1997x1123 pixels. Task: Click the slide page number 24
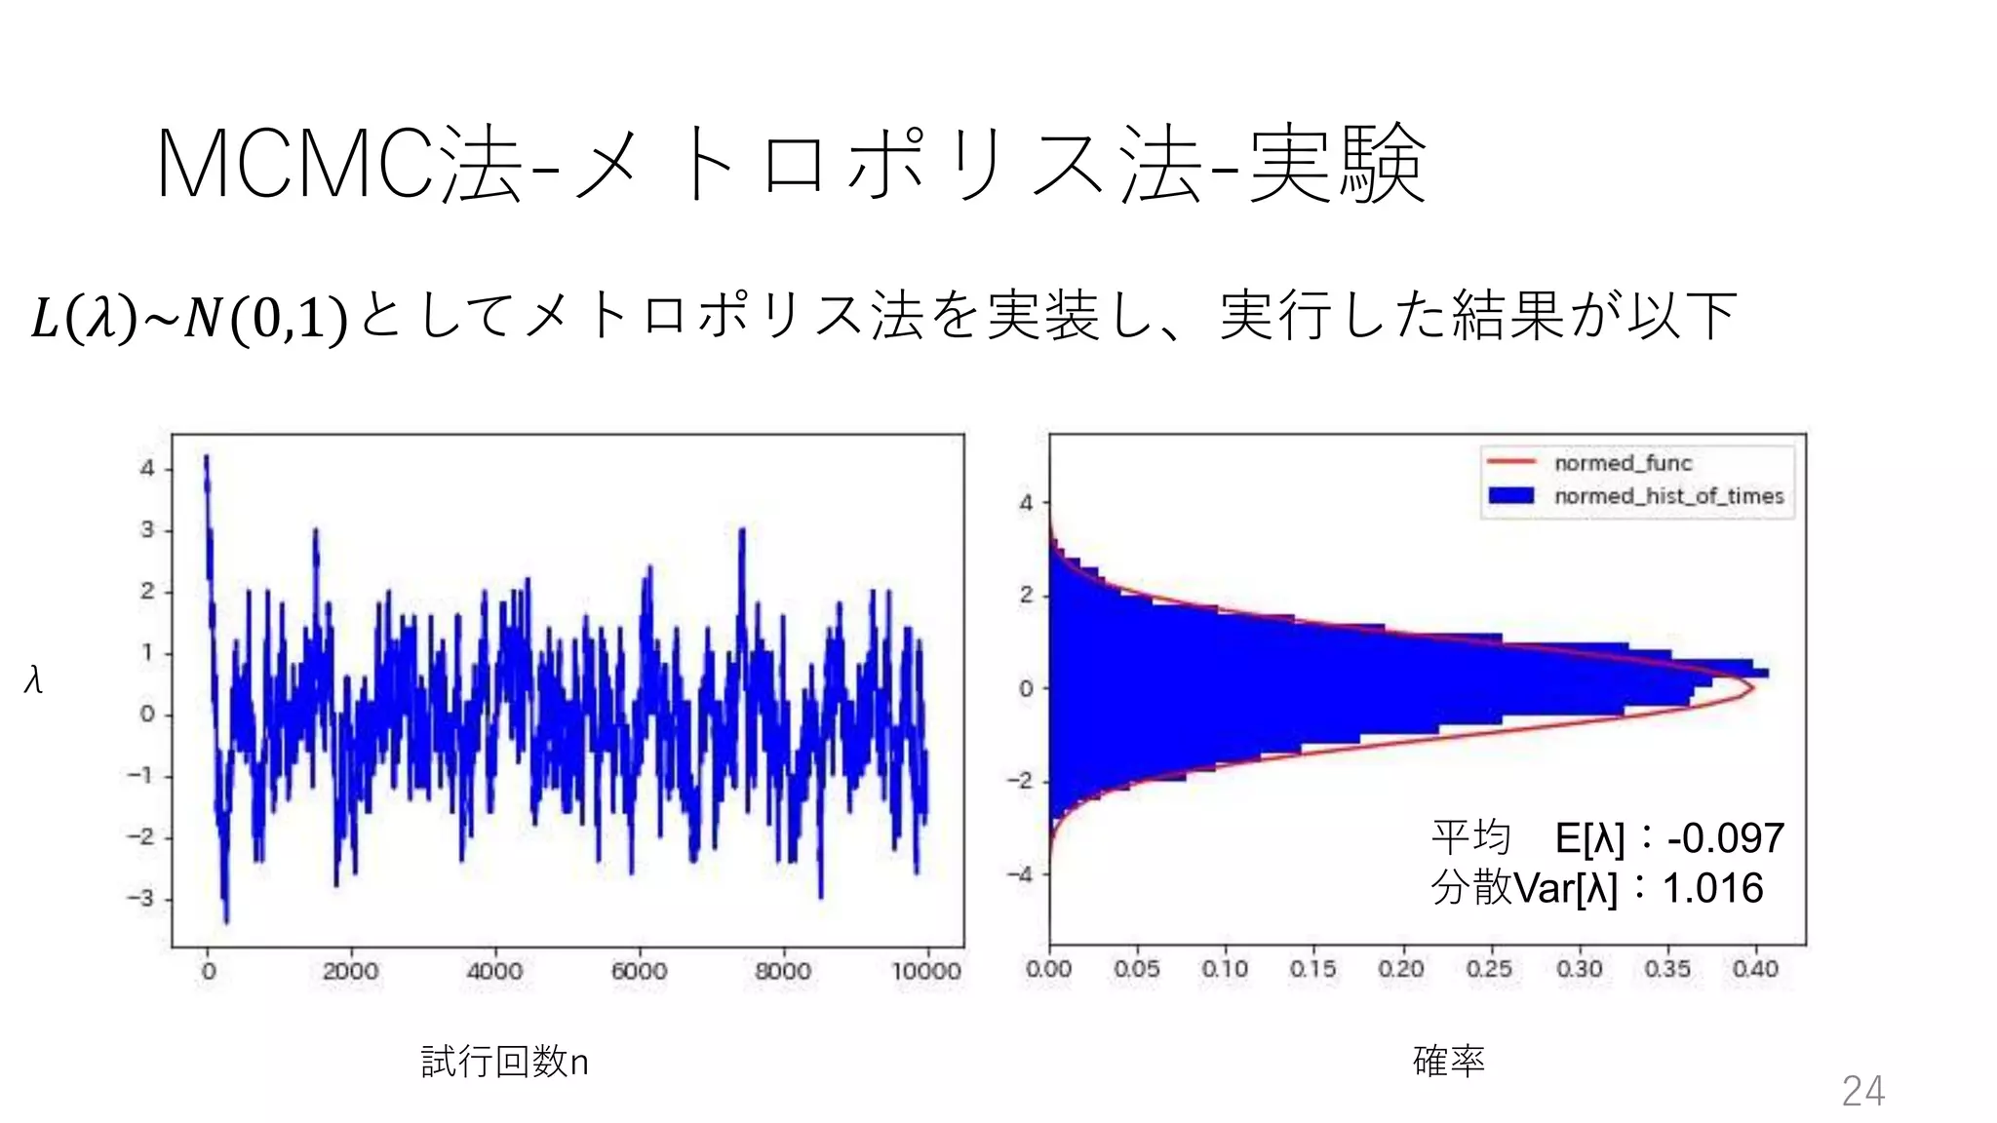[x=1862, y=1091]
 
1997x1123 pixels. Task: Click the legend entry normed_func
[x=1623, y=463]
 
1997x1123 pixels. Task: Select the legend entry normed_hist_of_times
[x=1668, y=496]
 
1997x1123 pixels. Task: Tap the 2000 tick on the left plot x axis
[x=350, y=971]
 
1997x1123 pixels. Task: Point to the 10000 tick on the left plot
[x=925, y=971]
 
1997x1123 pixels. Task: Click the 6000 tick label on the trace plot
[x=639, y=971]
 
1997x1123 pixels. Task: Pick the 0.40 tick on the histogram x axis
[x=1755, y=969]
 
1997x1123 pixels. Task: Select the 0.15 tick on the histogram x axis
[x=1313, y=969]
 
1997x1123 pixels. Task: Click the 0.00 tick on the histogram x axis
[x=1049, y=969]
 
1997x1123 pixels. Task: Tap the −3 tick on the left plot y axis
[x=141, y=899]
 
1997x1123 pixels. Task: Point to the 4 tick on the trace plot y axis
[x=147, y=469]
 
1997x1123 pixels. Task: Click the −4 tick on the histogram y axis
[x=1020, y=874]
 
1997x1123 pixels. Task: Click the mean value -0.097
[x=1725, y=838]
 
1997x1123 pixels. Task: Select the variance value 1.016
[x=1712, y=889]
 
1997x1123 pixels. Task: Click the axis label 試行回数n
[x=504, y=1062]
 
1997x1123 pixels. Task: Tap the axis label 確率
[x=1448, y=1061]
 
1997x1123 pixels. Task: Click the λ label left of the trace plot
[x=33, y=680]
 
